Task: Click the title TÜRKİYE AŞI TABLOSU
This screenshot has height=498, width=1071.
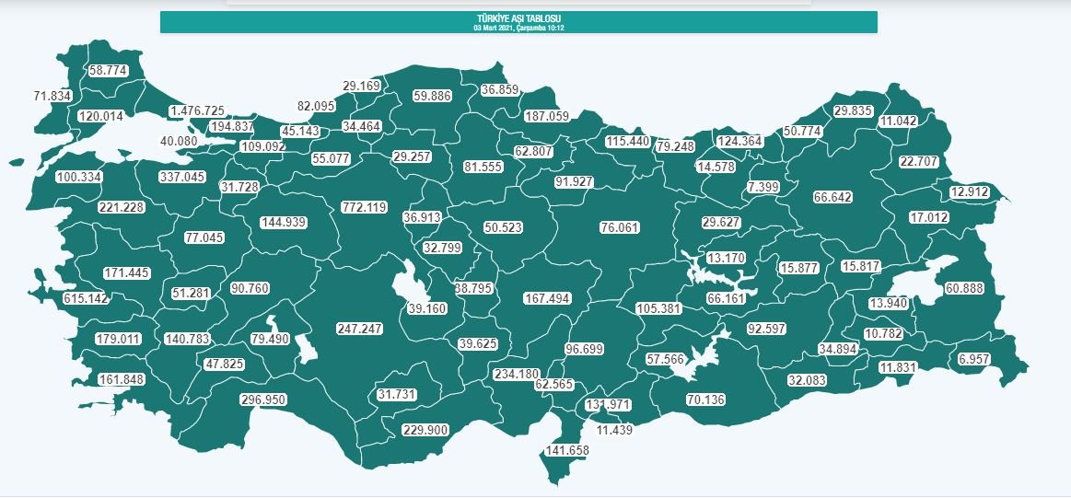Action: [518, 18]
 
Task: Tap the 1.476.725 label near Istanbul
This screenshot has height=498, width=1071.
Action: [196, 111]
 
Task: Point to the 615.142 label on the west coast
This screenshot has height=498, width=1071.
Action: [86, 299]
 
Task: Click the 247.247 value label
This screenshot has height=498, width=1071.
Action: [359, 328]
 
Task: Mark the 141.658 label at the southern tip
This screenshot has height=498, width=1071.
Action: [567, 451]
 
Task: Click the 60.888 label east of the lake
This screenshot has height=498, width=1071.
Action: [964, 289]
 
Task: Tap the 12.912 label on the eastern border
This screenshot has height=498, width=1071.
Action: [970, 192]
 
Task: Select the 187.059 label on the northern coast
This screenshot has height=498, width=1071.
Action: [548, 116]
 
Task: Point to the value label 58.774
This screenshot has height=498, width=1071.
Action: [109, 70]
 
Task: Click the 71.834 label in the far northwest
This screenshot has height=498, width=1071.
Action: [52, 96]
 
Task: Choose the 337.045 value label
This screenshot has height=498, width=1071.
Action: [182, 177]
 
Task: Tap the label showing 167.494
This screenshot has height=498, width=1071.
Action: [547, 299]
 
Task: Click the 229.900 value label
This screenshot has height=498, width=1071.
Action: [425, 430]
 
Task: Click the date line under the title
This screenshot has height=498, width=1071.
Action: [518, 28]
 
